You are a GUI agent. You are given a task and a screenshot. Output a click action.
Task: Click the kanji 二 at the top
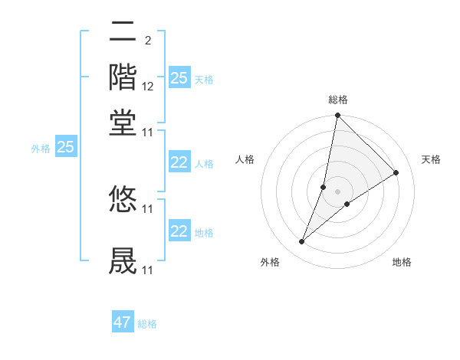(x=123, y=34)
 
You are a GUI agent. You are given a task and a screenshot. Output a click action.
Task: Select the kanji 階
(x=123, y=77)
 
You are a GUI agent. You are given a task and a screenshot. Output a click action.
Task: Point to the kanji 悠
(x=123, y=199)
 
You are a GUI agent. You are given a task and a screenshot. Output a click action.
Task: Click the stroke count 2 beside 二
(x=147, y=40)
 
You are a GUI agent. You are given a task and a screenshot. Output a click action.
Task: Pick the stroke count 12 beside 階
(x=148, y=87)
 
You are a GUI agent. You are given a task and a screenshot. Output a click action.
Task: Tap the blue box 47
(x=123, y=322)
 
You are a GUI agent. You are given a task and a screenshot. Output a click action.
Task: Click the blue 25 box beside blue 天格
(x=179, y=78)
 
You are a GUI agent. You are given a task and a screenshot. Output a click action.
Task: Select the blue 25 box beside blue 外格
(x=66, y=147)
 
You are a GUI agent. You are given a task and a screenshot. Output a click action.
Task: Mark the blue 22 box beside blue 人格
(x=179, y=162)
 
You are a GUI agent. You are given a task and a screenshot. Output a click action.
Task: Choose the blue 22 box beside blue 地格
(x=179, y=231)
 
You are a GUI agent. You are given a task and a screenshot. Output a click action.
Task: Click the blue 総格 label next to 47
(x=147, y=324)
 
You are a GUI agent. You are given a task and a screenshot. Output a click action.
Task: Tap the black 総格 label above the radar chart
(x=337, y=100)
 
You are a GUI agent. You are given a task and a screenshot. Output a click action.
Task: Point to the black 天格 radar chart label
(x=431, y=159)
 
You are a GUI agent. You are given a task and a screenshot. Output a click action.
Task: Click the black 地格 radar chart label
(x=402, y=262)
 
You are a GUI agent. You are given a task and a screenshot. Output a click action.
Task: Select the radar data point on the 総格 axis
(x=337, y=116)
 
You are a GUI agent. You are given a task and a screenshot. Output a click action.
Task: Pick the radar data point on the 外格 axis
(x=301, y=242)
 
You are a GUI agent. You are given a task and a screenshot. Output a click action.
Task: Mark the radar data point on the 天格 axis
(x=396, y=173)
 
